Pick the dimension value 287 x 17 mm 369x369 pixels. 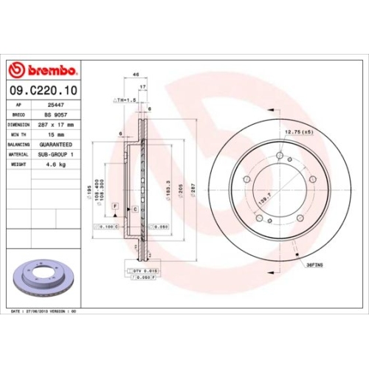[x=62, y=125]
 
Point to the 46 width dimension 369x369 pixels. [x=136, y=75]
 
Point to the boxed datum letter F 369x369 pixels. [x=116, y=195]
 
